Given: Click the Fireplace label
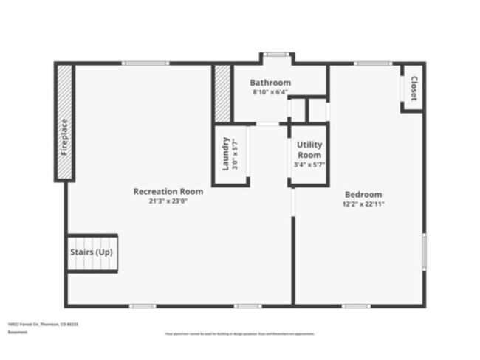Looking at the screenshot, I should (64, 137).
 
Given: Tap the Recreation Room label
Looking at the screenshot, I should (168, 191).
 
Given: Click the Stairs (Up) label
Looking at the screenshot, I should (92, 252).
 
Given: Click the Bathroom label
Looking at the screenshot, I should (270, 83).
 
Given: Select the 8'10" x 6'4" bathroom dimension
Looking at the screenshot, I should (270, 92).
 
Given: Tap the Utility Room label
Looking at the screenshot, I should (309, 150).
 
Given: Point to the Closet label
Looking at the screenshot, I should (414, 89).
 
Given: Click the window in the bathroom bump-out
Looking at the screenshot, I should (276, 54).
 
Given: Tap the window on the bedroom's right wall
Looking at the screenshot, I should (424, 252).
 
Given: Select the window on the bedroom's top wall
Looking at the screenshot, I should (372, 63).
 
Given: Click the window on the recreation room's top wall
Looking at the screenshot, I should (145, 63).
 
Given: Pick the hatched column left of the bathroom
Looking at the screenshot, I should (222, 93).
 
